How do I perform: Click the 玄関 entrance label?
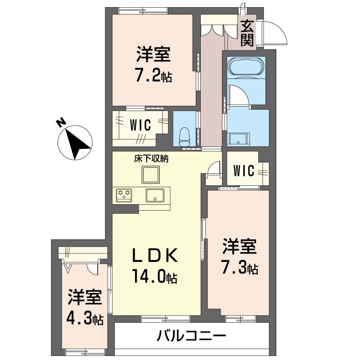(247, 34)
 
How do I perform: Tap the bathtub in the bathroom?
(246, 67)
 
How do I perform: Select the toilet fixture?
(184, 134)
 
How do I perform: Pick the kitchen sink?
(155, 195)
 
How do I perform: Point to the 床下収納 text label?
(150, 159)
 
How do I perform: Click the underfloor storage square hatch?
(150, 174)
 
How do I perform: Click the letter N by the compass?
(60, 122)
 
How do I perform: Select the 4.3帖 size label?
(85, 319)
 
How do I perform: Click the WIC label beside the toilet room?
(140, 125)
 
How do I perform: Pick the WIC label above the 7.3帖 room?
(243, 171)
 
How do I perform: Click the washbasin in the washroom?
(237, 139)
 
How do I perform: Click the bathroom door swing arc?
(238, 95)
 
